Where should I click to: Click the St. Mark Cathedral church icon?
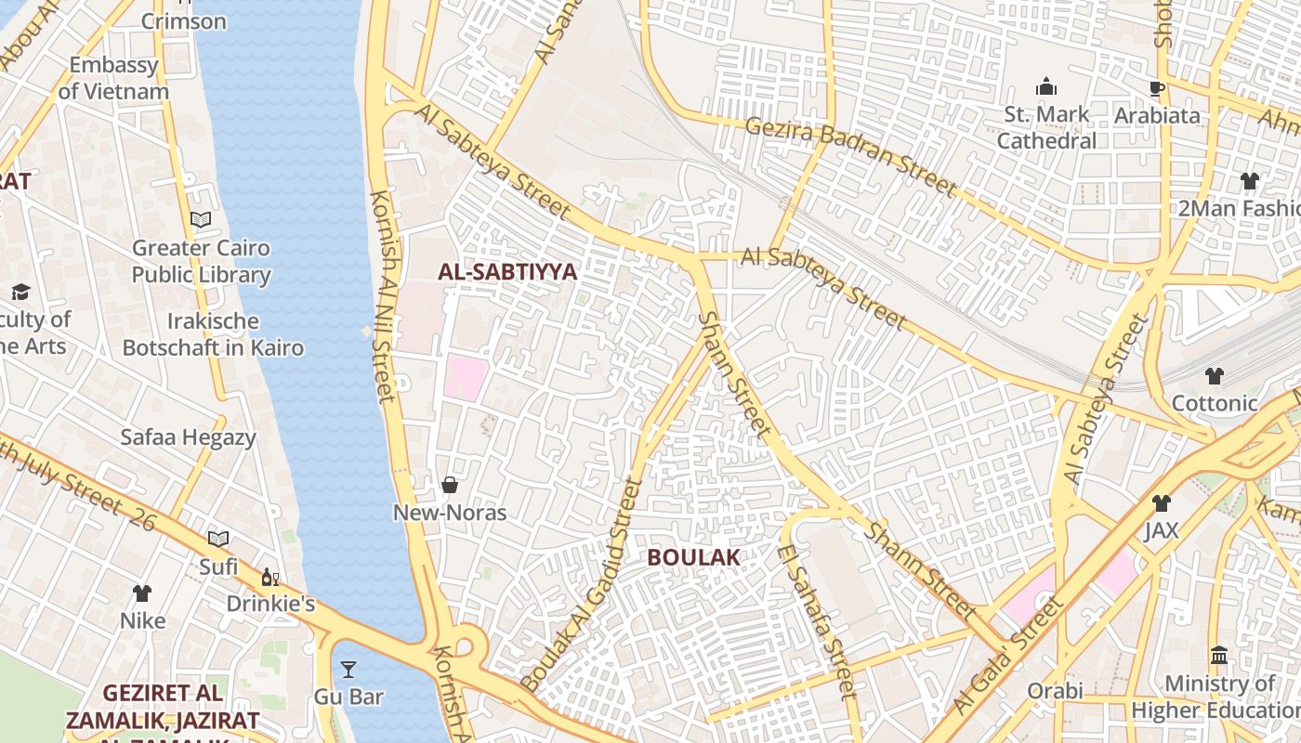(1046, 87)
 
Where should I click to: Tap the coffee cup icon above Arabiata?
(1157, 88)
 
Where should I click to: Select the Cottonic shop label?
(1215, 403)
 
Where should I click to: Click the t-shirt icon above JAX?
(1161, 503)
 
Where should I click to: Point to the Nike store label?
(142, 620)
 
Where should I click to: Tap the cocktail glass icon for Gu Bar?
(348, 669)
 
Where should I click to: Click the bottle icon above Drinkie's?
(269, 577)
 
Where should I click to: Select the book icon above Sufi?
(218, 539)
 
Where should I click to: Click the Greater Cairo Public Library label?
(201, 261)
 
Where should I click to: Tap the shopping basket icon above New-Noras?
(450, 485)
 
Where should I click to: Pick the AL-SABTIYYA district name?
(507, 272)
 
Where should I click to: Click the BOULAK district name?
(693, 557)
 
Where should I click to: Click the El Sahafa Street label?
(818, 622)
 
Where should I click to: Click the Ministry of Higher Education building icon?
(1219, 656)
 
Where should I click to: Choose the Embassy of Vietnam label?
(113, 78)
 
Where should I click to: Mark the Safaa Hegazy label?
(188, 437)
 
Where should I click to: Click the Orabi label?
(1055, 691)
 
